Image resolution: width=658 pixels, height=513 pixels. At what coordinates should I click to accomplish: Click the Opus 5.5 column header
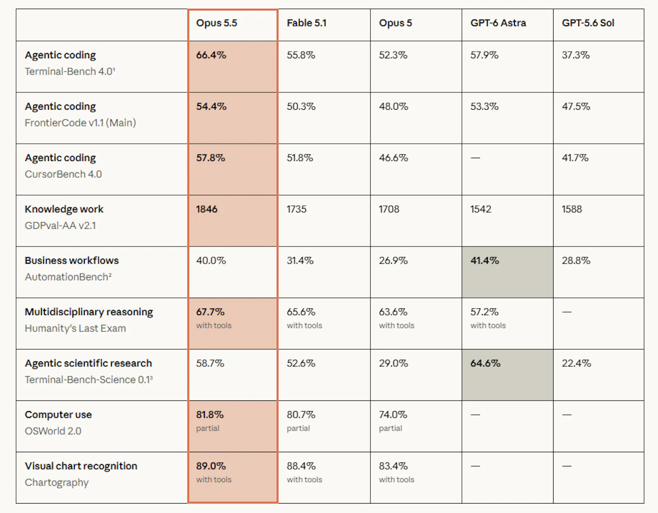click(216, 23)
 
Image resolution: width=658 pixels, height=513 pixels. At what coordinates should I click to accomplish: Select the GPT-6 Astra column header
click(498, 23)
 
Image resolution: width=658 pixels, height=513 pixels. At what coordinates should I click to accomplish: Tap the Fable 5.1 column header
click(306, 23)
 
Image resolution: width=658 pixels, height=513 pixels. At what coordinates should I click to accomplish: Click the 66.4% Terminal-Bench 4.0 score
click(211, 55)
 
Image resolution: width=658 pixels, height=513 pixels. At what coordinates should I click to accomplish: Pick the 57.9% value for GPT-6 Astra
click(484, 55)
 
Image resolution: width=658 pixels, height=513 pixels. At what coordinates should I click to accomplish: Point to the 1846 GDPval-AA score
click(206, 209)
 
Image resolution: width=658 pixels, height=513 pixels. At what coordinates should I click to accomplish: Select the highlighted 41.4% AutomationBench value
click(484, 260)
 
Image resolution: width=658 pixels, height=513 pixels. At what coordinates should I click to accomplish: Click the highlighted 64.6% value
click(485, 363)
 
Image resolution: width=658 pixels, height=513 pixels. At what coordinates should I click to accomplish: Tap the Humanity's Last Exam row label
click(75, 328)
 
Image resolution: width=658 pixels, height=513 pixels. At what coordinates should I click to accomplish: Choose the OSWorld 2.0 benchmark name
click(53, 431)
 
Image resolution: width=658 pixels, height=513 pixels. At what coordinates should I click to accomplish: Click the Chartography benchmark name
click(57, 483)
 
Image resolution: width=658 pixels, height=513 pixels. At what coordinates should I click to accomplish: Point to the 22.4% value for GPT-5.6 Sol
click(576, 363)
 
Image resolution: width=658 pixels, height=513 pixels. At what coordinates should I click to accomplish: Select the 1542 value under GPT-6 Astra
click(481, 209)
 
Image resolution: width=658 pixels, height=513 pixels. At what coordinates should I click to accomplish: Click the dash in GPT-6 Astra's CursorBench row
click(475, 158)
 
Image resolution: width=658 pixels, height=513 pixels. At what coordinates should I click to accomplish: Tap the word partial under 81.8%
click(207, 428)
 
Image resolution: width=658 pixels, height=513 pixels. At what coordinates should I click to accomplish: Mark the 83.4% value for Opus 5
click(393, 466)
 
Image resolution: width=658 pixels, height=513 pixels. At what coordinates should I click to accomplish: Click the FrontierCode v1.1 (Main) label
click(80, 123)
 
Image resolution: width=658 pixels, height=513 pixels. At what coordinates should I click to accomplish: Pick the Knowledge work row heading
click(64, 209)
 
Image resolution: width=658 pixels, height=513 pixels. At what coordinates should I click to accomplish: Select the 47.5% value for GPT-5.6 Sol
click(576, 106)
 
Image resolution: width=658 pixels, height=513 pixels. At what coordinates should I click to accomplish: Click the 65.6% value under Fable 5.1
click(301, 312)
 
